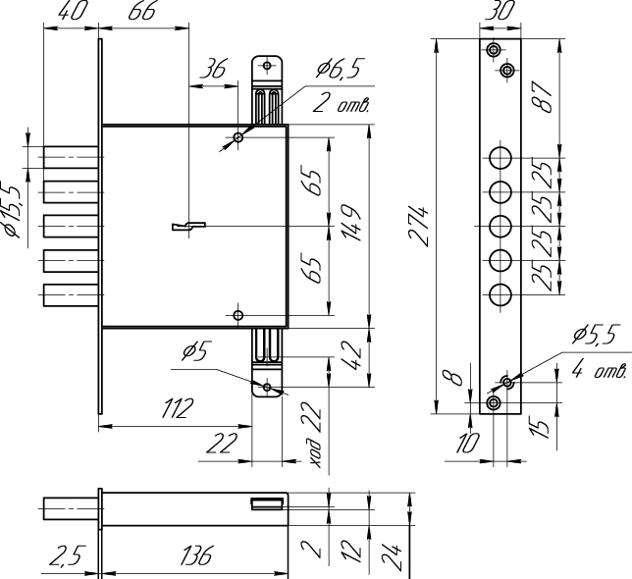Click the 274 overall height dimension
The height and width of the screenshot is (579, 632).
(419, 227)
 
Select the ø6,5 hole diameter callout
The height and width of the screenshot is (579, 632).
(338, 69)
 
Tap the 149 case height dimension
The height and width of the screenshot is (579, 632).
(352, 224)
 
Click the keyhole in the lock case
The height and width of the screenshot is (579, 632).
(188, 226)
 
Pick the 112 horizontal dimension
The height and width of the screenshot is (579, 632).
(178, 408)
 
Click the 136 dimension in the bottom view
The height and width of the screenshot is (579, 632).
(196, 556)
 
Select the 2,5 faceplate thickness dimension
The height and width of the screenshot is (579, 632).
(68, 556)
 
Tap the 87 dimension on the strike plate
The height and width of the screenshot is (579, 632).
(541, 97)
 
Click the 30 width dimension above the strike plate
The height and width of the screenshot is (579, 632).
(500, 11)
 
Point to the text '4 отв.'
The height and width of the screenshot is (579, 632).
(599, 370)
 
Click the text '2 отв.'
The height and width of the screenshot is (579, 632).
(341, 104)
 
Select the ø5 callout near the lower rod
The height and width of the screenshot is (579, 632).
(194, 351)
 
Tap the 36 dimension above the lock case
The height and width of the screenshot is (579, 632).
(214, 70)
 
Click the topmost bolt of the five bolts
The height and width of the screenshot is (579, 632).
(71, 157)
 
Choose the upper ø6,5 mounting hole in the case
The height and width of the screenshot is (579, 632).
(238, 137)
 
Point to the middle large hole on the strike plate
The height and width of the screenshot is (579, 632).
(500, 226)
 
